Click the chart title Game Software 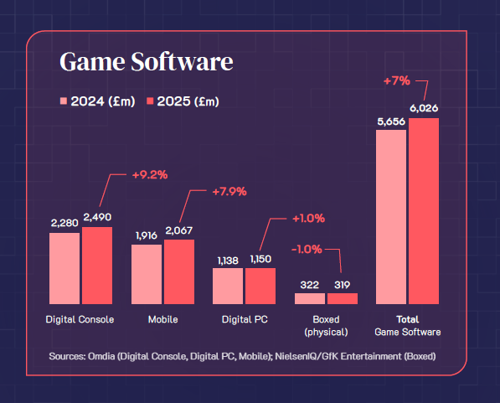[x=145, y=62]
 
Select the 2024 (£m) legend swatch [x=63, y=101]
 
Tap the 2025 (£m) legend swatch [x=152, y=101]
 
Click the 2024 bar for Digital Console [x=64, y=268]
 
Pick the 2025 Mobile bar [x=178, y=271]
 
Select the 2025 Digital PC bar [x=260, y=286]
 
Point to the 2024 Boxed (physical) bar [x=309, y=298]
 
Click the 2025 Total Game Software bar [x=424, y=211]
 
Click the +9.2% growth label [x=150, y=175]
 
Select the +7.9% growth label [x=229, y=191]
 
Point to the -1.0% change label [x=306, y=249]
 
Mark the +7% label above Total [x=396, y=81]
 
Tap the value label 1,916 [x=146, y=236]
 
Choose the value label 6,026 [x=424, y=109]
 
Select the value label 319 [x=342, y=285]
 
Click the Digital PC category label [x=244, y=319]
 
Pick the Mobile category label [x=162, y=319]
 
